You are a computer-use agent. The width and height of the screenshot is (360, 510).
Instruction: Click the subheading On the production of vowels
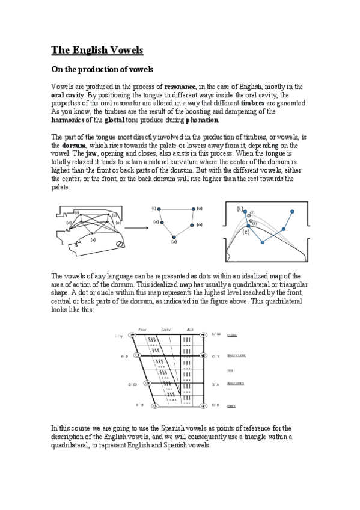click(103, 70)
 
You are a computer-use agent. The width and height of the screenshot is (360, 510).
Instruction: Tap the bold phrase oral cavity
click(67, 95)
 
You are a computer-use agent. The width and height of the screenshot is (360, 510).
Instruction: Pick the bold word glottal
click(115, 119)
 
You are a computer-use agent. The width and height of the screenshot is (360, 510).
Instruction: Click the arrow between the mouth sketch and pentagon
click(136, 228)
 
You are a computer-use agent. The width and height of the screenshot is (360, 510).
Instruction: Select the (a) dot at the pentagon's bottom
click(174, 236)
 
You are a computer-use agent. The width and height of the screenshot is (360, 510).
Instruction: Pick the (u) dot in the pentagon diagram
click(194, 209)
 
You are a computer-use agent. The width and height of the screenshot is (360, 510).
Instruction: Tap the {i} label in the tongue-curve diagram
click(240, 210)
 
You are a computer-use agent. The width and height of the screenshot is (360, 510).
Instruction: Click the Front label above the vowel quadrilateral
click(142, 330)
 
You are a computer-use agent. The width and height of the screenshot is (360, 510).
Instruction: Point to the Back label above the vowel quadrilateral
click(191, 330)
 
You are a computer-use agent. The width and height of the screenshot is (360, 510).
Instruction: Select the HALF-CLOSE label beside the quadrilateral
click(236, 355)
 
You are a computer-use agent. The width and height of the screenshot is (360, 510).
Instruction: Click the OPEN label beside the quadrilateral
click(231, 406)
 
